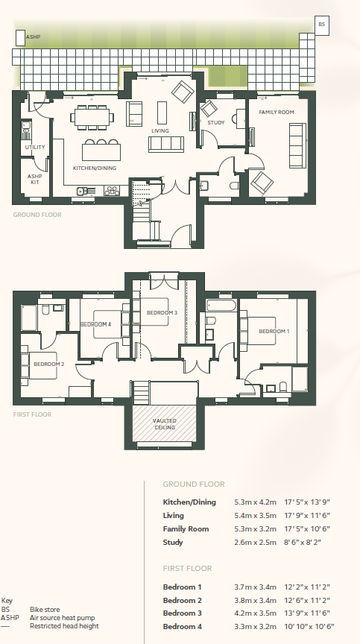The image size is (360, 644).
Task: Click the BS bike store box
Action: (x=322, y=25)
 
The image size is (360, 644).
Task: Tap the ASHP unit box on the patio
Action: (x=19, y=38)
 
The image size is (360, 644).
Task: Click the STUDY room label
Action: (x=216, y=122)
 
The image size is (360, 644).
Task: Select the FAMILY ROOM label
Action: (x=277, y=112)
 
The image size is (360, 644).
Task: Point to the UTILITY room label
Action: (x=34, y=147)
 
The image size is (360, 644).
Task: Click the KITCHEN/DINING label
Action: (x=95, y=168)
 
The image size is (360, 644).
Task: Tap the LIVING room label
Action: (x=160, y=130)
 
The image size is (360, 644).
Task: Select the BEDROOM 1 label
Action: (x=274, y=331)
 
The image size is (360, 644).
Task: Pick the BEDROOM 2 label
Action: (x=49, y=364)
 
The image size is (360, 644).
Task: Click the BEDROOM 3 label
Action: (x=162, y=312)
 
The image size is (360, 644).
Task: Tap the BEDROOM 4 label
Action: (x=95, y=324)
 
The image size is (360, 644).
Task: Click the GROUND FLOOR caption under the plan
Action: (x=37, y=215)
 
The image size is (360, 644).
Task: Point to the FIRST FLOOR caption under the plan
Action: (x=32, y=414)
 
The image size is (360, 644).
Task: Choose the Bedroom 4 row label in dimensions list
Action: (x=183, y=628)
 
